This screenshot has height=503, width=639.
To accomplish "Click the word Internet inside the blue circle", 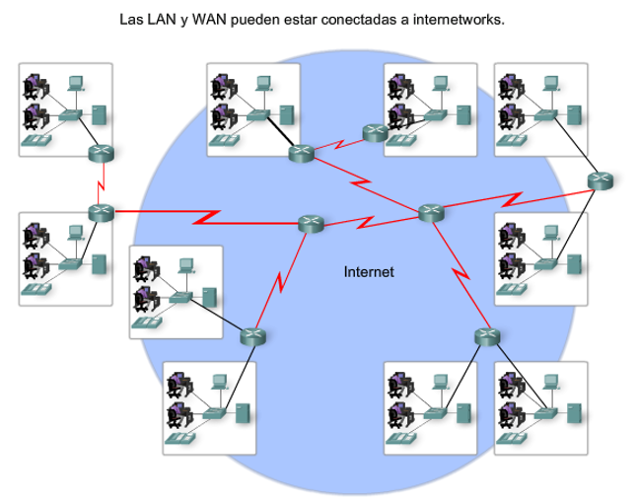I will (x=369, y=271).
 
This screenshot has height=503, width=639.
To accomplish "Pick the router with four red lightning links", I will (x=431, y=211).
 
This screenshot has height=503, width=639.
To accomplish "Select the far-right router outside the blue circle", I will (x=600, y=180).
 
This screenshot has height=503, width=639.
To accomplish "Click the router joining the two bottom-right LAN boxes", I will (x=486, y=336).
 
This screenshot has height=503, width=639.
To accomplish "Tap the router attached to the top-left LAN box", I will (x=100, y=153).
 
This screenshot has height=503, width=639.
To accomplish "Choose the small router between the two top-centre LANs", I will (x=374, y=134).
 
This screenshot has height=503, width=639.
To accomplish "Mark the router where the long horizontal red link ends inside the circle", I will (x=312, y=224).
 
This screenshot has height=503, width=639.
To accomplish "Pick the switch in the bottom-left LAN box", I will (x=213, y=414).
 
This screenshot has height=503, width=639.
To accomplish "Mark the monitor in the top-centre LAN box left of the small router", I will (x=261, y=84).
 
